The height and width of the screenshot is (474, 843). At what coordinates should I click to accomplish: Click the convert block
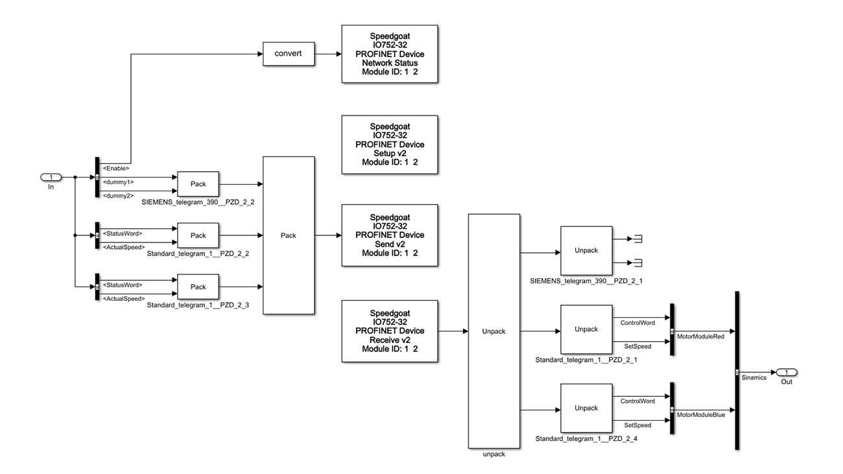click(x=288, y=54)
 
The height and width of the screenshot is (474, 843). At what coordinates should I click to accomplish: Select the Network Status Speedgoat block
click(x=389, y=54)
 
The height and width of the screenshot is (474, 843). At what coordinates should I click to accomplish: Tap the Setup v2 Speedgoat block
click(x=389, y=144)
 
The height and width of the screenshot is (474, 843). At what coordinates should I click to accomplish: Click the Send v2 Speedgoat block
click(x=389, y=235)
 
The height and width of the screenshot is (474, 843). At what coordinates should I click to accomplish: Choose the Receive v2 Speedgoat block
click(x=389, y=331)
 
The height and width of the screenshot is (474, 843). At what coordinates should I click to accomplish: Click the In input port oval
click(x=51, y=177)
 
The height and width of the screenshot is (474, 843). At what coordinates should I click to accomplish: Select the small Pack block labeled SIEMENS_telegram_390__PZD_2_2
click(x=198, y=184)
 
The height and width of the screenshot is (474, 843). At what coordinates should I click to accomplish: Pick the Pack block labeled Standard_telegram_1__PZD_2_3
click(x=198, y=287)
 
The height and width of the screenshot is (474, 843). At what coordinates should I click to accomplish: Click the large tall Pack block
click(x=289, y=235)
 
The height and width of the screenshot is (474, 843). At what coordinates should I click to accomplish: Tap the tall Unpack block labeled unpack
click(x=493, y=331)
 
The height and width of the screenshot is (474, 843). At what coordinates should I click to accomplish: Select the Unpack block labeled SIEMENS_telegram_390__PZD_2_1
click(x=586, y=250)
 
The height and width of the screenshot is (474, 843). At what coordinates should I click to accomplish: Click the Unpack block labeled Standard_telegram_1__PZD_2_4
click(x=586, y=408)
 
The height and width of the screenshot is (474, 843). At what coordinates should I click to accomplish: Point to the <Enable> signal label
click(x=116, y=168)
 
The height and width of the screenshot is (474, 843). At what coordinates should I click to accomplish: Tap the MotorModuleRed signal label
click(x=700, y=337)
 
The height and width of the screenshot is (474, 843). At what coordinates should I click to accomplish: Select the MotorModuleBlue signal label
click(x=701, y=414)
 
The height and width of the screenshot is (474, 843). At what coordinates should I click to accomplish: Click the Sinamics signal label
click(x=754, y=377)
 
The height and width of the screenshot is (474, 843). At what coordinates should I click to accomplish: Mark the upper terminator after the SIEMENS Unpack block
click(x=637, y=239)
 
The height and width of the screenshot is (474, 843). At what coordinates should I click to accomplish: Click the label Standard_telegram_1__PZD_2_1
click(x=586, y=359)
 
